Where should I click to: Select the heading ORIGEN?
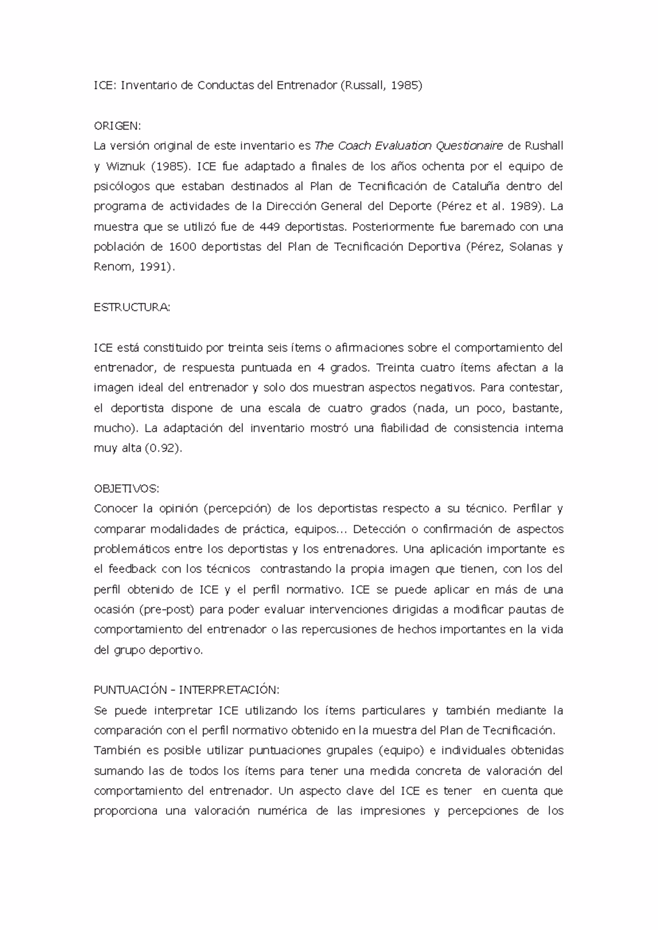click(x=117, y=126)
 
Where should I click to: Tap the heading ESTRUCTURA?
click(x=132, y=307)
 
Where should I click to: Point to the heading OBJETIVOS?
click(x=126, y=488)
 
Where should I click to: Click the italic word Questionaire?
click(x=469, y=146)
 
